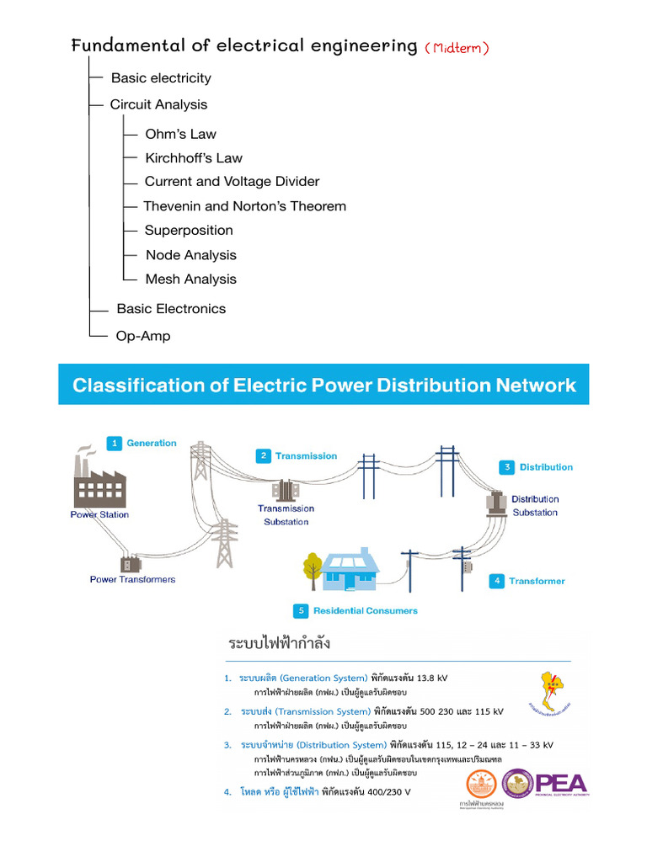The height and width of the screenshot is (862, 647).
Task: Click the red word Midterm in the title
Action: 457,48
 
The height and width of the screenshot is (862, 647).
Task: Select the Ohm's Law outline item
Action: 180,134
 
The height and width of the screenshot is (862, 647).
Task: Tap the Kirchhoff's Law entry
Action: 193,158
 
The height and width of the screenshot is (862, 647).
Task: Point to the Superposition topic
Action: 189,231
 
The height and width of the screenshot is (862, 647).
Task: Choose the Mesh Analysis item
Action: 190,279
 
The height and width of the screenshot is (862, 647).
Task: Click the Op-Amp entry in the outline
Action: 143,336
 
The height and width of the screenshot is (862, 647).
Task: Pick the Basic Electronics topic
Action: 171,309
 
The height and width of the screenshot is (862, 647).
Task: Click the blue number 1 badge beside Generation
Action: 115,443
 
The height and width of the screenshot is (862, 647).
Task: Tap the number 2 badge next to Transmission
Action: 264,455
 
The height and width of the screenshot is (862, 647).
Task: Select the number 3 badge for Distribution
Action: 507,467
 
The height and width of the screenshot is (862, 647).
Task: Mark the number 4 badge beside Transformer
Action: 497,581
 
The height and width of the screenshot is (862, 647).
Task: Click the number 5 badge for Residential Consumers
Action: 300,610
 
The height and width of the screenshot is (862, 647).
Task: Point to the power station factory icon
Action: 99,479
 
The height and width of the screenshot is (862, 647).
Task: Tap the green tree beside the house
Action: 313,568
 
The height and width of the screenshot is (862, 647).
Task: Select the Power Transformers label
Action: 133,579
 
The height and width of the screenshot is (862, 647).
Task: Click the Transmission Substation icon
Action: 286,489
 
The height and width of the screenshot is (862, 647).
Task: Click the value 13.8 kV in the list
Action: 432,678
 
